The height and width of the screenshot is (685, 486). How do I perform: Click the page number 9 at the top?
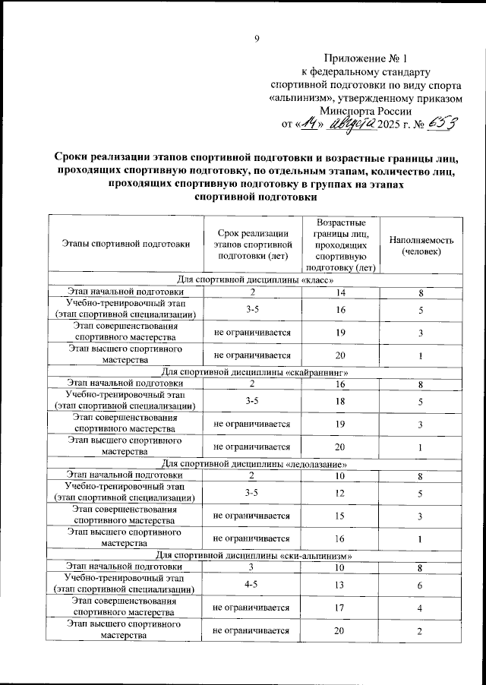[257, 40]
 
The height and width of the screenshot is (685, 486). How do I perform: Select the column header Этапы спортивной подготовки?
[126, 245]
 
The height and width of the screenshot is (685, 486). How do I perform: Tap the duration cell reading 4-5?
[251, 585]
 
